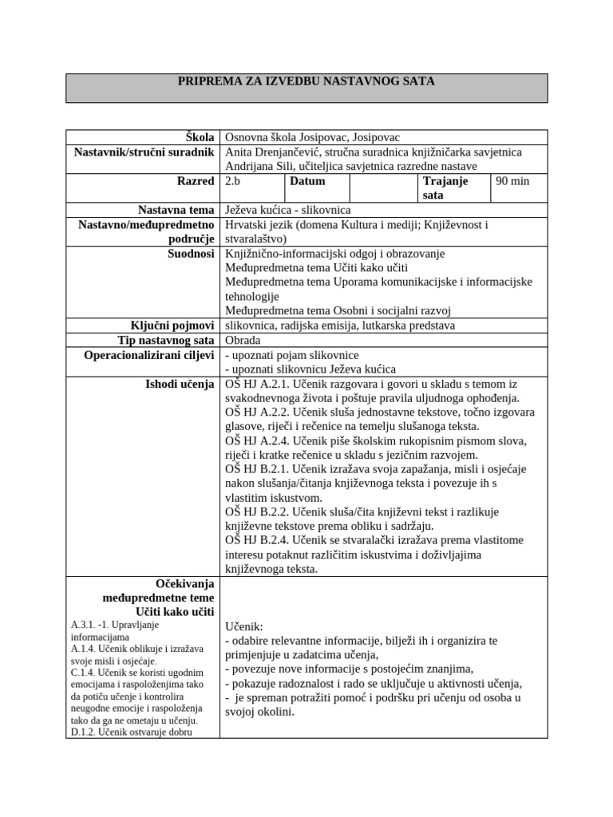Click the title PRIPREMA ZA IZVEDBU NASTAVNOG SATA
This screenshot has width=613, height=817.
(x=306, y=81)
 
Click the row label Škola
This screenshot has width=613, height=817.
(x=200, y=137)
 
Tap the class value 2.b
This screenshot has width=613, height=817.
(x=233, y=181)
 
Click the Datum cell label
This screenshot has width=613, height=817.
(x=307, y=181)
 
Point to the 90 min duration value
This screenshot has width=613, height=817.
(x=512, y=181)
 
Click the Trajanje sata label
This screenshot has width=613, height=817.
(x=445, y=187)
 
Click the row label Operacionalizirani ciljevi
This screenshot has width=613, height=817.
(x=149, y=354)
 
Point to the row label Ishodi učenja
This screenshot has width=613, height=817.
(x=179, y=384)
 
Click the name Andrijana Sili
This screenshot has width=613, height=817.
(x=263, y=166)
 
